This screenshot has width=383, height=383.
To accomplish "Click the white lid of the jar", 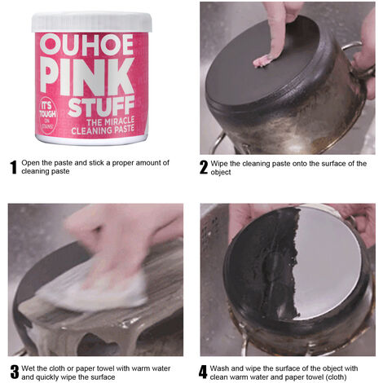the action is click(92, 22).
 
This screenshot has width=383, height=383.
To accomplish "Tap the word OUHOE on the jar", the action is click(86, 45).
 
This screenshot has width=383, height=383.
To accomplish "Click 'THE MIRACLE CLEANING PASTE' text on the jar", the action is click(103, 125).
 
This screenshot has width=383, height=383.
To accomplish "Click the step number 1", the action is click(13, 167).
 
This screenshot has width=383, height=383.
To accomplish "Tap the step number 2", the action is click(204, 167).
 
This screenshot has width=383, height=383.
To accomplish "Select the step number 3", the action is click(15, 372).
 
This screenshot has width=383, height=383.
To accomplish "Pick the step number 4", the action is click(203, 372).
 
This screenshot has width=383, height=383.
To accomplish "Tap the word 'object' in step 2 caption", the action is click(221, 173).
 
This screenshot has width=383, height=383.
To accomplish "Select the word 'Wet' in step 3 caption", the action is click(28, 368).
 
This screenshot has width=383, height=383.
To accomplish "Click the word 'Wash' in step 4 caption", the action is click(219, 368).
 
